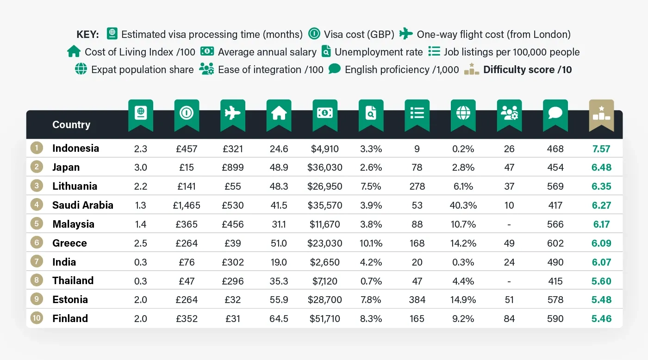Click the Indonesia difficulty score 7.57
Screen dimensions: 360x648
click(x=601, y=149)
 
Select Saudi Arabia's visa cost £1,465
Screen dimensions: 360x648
click(x=187, y=205)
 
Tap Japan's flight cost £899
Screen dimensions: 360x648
click(x=232, y=168)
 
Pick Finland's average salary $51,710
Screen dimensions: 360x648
click(x=325, y=319)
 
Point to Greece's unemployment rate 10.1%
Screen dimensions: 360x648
click(x=371, y=243)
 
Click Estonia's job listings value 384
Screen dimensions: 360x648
click(x=417, y=300)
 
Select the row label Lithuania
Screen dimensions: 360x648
click(x=75, y=186)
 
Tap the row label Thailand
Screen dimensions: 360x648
click(x=73, y=281)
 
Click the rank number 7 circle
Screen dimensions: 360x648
click(x=37, y=262)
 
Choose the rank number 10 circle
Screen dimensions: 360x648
click(x=37, y=319)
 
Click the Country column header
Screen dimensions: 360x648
click(x=71, y=124)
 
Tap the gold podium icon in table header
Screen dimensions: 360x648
click(x=601, y=113)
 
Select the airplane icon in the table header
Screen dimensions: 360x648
click(x=232, y=113)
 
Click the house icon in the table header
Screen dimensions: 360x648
click(x=279, y=113)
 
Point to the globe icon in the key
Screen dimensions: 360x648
click(x=81, y=69)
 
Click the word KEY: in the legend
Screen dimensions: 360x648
click(x=87, y=34)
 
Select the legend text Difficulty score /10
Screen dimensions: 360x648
click(x=527, y=69)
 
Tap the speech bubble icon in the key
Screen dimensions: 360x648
click(x=335, y=69)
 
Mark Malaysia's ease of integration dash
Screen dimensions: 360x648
click(x=509, y=224)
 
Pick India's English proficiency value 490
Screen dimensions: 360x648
click(x=555, y=262)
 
